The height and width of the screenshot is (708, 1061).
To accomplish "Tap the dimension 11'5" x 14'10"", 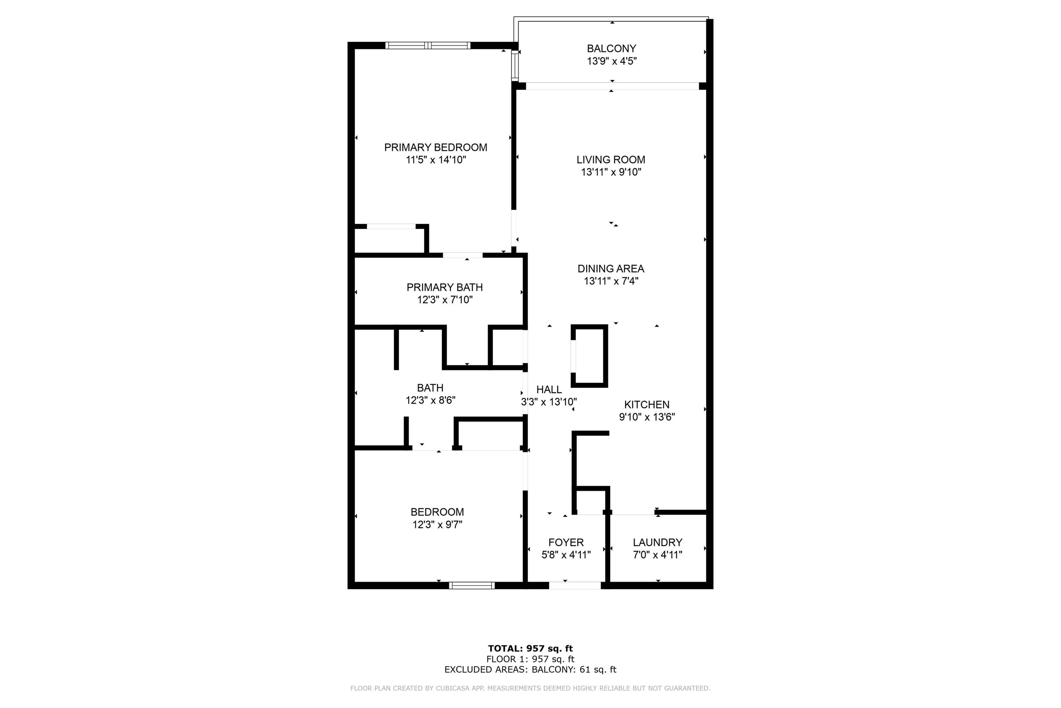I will [436, 160].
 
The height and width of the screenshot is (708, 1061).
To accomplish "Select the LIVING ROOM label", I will [611, 159].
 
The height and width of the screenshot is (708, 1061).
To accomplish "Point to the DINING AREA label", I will [611, 269].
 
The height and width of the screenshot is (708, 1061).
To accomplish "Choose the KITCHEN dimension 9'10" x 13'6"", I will [647, 417].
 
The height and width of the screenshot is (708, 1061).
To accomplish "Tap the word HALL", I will [549, 389].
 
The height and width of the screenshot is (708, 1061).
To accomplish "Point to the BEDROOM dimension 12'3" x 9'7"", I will [437, 525].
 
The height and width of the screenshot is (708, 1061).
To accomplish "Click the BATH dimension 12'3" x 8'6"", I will [430, 400].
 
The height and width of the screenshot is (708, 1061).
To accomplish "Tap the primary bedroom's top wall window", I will [428, 45].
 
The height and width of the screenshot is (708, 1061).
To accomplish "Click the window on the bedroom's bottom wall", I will [471, 586].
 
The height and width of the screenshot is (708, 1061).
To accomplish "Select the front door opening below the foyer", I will [575, 586].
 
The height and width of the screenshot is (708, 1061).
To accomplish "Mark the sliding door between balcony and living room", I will [612, 86].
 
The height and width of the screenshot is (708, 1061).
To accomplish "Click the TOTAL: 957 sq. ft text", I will [530, 649].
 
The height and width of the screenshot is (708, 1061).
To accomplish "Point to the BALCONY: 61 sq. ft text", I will [574, 670].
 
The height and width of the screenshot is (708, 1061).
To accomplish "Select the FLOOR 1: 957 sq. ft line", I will [530, 659].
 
